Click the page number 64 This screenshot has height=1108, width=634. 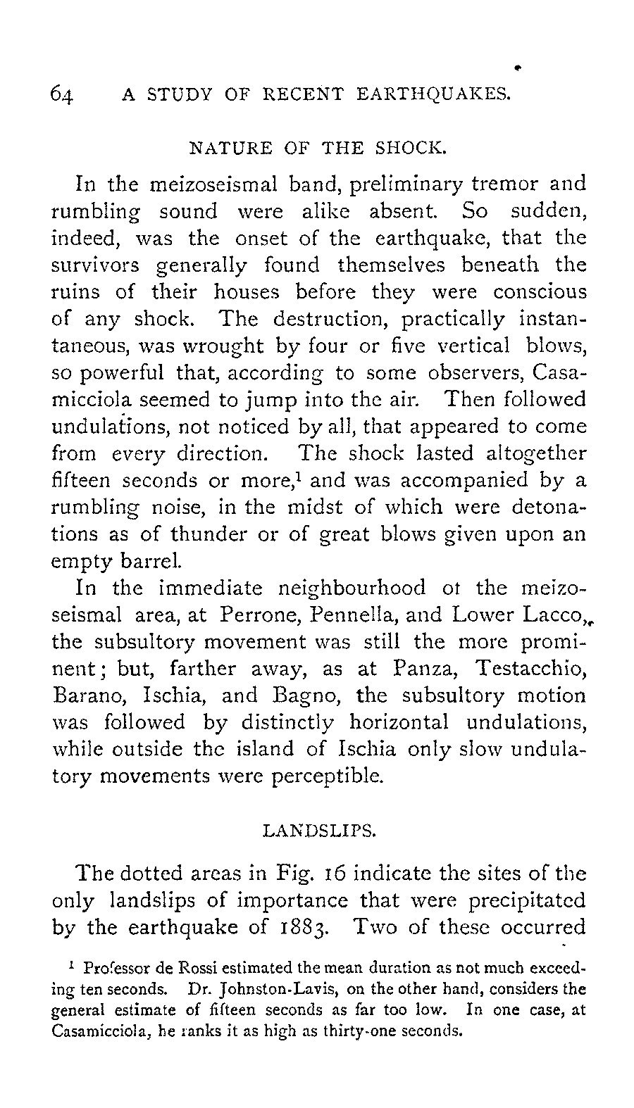point(63,94)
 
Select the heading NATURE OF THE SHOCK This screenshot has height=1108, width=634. point(318,149)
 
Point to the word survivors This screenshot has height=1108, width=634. point(96,265)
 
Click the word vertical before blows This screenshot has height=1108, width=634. point(483,346)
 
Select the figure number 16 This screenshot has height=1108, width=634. point(335,874)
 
